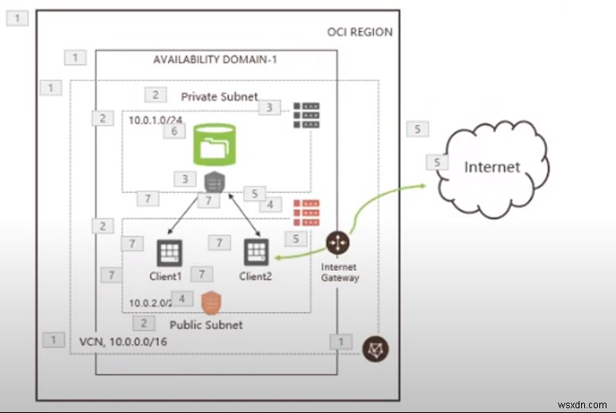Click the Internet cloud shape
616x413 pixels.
point(492,167)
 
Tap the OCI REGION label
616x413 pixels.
point(360,32)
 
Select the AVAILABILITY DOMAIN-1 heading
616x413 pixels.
point(214,60)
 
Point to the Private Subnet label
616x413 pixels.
point(219,96)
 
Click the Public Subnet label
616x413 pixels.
point(206,325)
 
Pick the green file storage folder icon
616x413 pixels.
point(212,145)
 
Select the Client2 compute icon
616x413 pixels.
point(256,253)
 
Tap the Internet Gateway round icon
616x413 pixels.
point(339,243)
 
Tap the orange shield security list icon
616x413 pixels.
point(210,302)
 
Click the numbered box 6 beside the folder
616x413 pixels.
point(175,132)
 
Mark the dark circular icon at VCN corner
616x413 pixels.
point(375,348)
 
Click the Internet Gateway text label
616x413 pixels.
point(340,272)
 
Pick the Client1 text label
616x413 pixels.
point(166,276)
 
